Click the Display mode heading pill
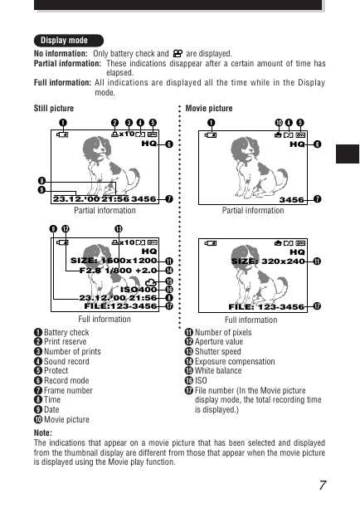tap(69, 41)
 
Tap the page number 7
tap(323, 485)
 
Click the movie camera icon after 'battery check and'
tap(178, 53)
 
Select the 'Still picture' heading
tap(54, 108)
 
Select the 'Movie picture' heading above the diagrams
tap(209, 108)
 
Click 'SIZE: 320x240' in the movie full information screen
tap(268, 261)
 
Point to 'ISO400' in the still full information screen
tap(139, 290)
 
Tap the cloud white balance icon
tap(151, 282)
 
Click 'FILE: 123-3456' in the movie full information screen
tap(266, 306)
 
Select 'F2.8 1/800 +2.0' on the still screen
tap(118, 271)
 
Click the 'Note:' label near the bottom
tap(43, 432)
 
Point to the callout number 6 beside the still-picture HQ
tap(169, 144)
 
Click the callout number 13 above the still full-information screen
tap(119, 229)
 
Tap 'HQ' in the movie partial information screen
tap(297, 144)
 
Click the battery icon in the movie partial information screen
tap(211, 134)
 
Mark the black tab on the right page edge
tap(348, 154)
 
